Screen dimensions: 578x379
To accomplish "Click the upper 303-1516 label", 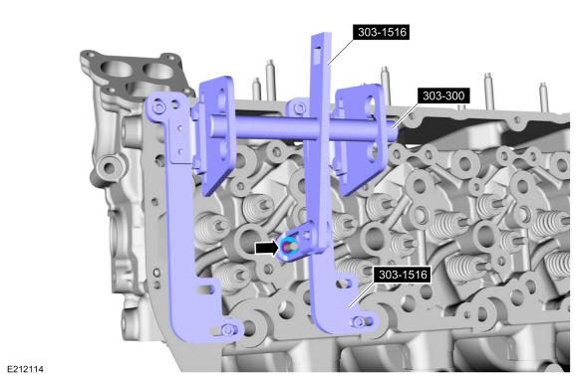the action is click(x=382, y=32).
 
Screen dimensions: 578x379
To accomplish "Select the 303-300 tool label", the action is click(x=443, y=95).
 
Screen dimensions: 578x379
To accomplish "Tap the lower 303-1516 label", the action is click(x=403, y=275).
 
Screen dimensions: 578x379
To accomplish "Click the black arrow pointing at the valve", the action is click(x=267, y=248).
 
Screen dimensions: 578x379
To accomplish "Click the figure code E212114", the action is click(x=25, y=369).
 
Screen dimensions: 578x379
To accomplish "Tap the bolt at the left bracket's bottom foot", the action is click(x=227, y=329).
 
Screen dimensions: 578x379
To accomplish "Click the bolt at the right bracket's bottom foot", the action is click(x=359, y=322).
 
